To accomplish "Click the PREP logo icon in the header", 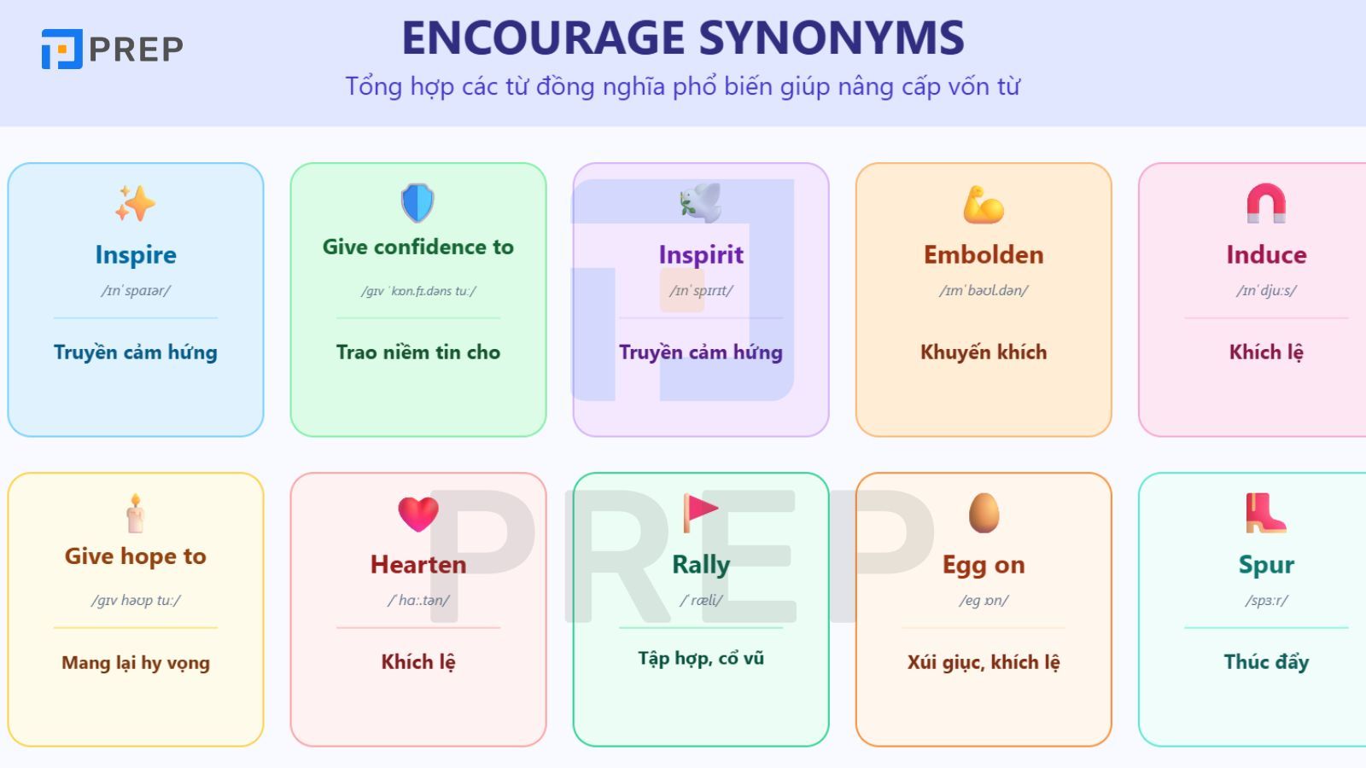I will [x=61, y=49].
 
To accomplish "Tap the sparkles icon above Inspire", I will [x=136, y=203].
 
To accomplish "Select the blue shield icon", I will [x=417, y=203].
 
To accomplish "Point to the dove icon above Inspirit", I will [x=700, y=203].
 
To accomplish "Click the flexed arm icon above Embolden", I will [x=984, y=205].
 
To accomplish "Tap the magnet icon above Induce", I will [x=1266, y=203].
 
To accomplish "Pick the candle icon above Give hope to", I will [x=135, y=513].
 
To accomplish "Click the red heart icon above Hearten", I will [x=418, y=514].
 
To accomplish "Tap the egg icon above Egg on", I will [x=984, y=513].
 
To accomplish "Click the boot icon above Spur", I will [x=1265, y=513].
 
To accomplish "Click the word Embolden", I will [x=984, y=254].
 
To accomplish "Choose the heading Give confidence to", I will [x=418, y=247].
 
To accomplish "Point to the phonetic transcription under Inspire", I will [x=136, y=290].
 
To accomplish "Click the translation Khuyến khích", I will [x=984, y=352].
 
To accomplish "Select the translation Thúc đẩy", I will [x=1266, y=661].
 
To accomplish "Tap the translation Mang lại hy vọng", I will [x=136, y=662].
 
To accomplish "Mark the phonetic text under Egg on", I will [x=984, y=600].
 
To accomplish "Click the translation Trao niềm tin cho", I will [x=418, y=352].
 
